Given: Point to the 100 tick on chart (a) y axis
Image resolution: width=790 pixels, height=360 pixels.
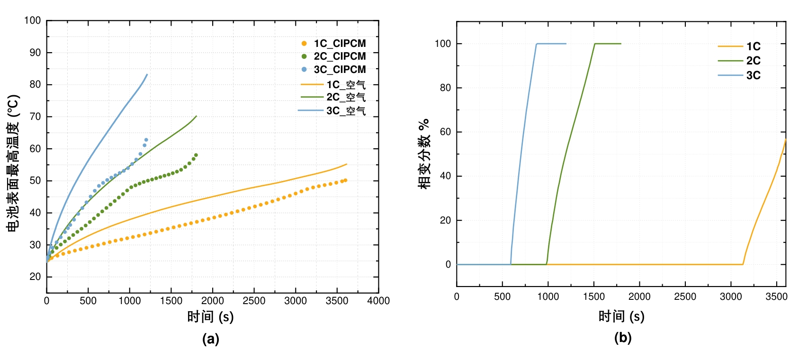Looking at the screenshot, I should pos(33,20).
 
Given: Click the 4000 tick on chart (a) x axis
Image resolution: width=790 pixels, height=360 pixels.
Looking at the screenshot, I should pos(378,301).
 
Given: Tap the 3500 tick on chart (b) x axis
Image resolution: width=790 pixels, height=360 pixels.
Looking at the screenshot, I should pos(776,297).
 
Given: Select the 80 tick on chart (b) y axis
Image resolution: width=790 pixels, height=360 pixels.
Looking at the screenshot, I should pos(445,88).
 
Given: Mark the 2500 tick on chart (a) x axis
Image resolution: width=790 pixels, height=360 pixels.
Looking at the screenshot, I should pos(254,301).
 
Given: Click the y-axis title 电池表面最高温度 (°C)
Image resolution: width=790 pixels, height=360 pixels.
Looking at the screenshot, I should pos(13,163).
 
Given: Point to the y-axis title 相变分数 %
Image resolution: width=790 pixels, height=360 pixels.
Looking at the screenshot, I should pos(424,153).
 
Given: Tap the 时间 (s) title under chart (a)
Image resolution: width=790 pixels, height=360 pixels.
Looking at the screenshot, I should pos(210,317).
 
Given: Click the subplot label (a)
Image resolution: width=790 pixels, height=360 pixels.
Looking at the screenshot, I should pos(210,339).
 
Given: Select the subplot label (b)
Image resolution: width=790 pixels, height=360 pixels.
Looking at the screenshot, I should pos(622,338).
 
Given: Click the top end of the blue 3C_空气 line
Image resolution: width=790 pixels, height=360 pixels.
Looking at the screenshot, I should pos(147,74).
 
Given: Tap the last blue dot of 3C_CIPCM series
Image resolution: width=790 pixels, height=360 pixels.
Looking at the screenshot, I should pos(146,140).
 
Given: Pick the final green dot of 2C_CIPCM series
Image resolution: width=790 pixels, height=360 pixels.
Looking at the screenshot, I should pos(196,155).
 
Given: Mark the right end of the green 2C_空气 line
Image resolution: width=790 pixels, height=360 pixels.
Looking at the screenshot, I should pos(196,116).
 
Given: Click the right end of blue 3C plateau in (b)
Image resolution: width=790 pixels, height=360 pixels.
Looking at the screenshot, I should pos(566,44).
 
